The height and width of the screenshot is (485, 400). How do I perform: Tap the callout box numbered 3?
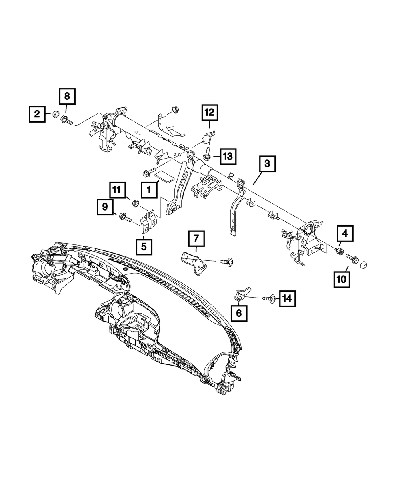(x=267, y=164)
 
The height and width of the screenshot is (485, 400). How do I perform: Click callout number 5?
(x=144, y=246)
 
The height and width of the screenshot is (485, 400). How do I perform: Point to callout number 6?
(x=239, y=313)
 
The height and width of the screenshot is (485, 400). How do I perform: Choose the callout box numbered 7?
(x=196, y=239)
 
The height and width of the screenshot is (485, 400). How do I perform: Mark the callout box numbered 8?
(x=67, y=96)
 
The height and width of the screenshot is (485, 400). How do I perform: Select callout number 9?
(x=104, y=207)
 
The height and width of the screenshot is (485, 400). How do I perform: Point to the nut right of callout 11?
(x=135, y=204)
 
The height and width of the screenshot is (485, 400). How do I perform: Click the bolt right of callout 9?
(x=124, y=217)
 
